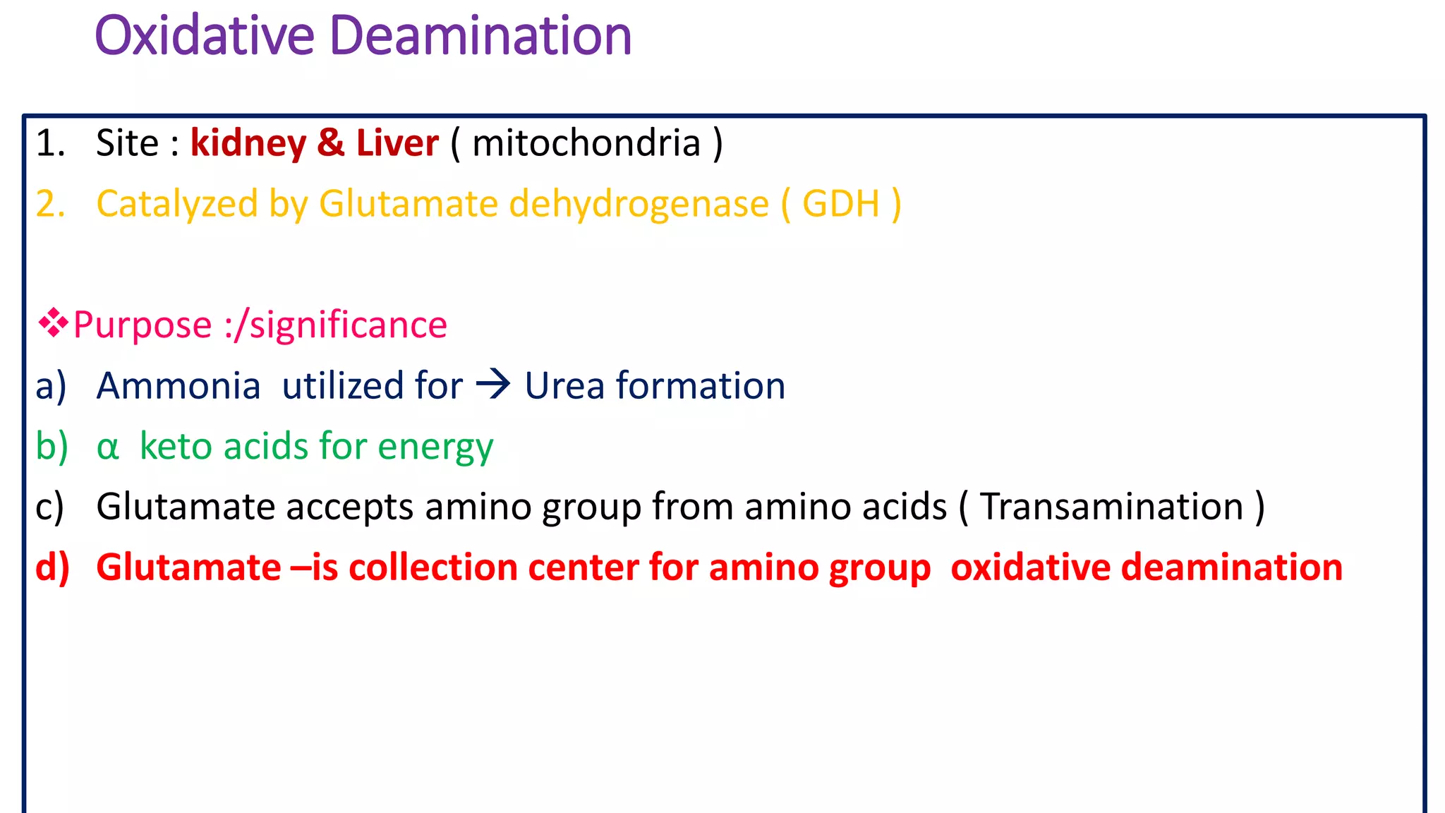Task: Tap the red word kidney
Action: [248, 144]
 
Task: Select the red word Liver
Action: [397, 143]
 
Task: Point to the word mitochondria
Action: [586, 143]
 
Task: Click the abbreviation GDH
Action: [841, 204]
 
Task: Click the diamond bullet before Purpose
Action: [54, 324]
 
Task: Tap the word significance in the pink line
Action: [349, 325]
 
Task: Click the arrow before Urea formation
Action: [493, 385]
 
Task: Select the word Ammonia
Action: [179, 386]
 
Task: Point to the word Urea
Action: [564, 386]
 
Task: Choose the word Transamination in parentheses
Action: [1112, 507]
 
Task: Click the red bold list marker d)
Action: [53, 567]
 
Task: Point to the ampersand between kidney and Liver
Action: [331, 143]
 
